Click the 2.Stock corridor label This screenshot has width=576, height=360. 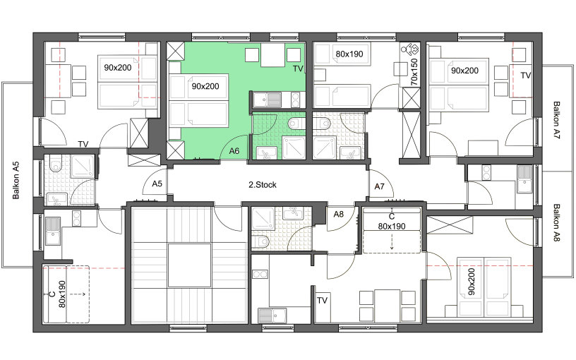click(263, 185)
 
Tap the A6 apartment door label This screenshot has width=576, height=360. click(234, 150)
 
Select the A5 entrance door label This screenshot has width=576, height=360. click(157, 184)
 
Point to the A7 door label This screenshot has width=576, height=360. click(380, 186)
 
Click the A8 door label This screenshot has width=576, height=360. click(338, 214)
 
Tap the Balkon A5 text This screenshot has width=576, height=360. click(16, 181)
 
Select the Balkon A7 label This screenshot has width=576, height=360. click(556, 120)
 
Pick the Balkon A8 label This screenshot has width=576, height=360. click(556, 222)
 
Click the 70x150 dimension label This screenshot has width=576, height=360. click(414, 72)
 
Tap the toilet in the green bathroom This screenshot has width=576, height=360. click(296, 123)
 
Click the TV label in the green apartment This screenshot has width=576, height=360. click(298, 68)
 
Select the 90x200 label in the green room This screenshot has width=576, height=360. click(205, 86)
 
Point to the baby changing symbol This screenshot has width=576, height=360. click(410, 49)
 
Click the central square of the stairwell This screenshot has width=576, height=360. click(190, 265)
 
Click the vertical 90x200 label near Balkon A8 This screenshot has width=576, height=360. click(472, 282)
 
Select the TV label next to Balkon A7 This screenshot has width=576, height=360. click(526, 76)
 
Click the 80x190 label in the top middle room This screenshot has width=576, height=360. click(349, 54)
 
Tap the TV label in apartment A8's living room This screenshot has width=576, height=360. click(322, 301)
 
